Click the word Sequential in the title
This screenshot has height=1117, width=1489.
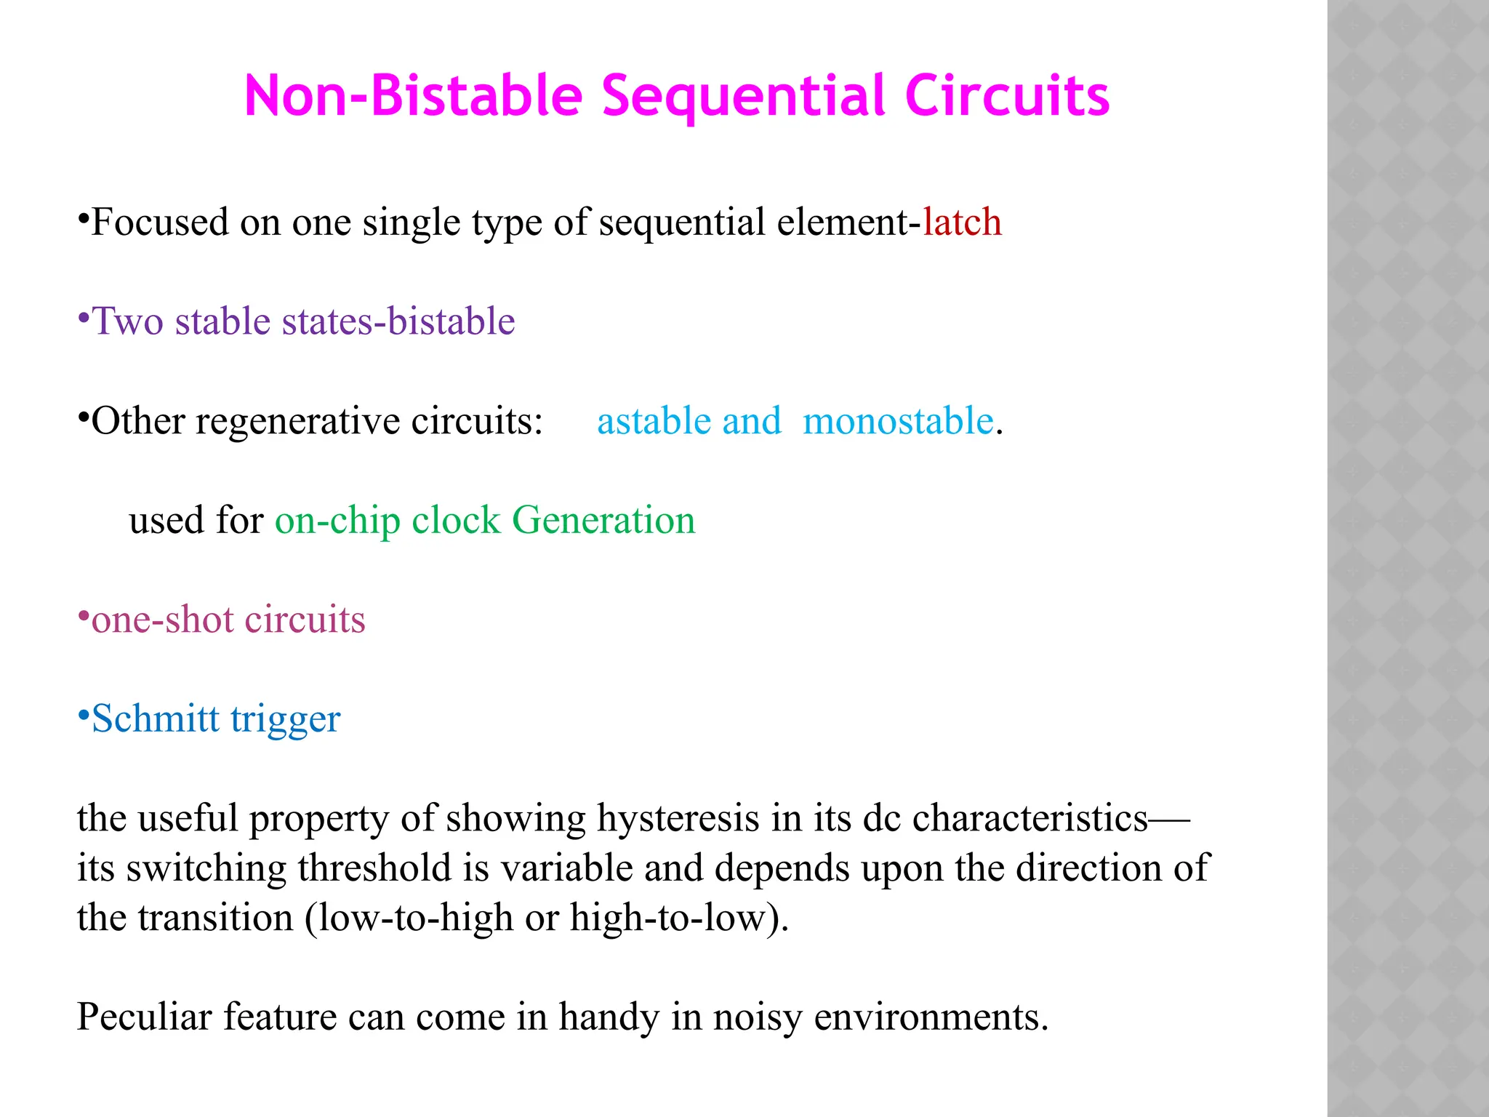tap(744, 96)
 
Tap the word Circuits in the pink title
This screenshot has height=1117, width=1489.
tap(1007, 96)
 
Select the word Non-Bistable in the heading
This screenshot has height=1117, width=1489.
tap(414, 96)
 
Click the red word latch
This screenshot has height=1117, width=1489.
tap(962, 222)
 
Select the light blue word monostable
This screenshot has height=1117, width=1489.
tap(898, 420)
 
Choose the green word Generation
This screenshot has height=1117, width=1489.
tap(603, 520)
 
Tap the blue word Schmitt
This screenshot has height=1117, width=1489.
tap(155, 718)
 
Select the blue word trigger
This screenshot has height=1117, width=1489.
tap(285, 720)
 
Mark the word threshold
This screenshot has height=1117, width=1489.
tap(374, 868)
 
